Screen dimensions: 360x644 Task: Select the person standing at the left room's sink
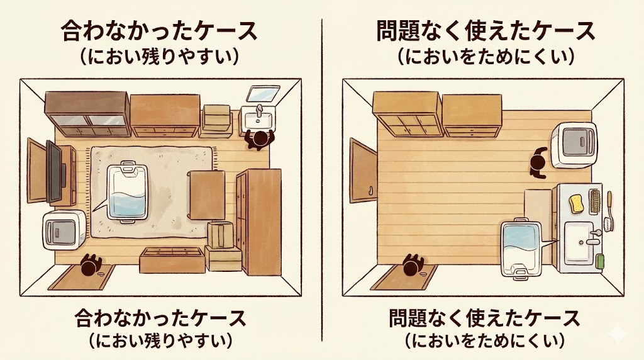tap(258, 139)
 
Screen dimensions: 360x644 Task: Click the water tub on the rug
tap(129, 191)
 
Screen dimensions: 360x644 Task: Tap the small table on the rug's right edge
tap(206, 194)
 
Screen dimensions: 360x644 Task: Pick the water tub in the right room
tap(521, 248)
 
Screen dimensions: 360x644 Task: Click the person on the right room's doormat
tap(413, 265)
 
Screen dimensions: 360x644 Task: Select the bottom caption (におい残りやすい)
tap(160, 341)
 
